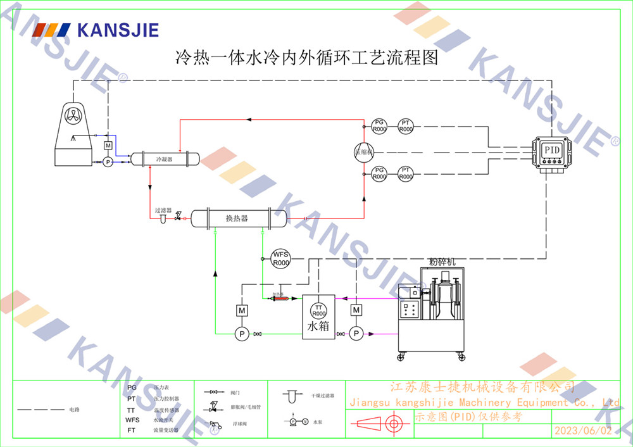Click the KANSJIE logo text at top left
pyautogui.click(x=117, y=30)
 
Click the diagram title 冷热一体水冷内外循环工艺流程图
pyautogui.click(x=306, y=60)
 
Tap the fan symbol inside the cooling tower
pyautogui.click(x=75, y=116)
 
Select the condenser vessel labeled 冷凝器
pyautogui.click(x=165, y=158)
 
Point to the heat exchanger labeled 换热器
pyautogui.click(x=238, y=218)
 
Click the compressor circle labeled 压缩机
pyautogui.click(x=364, y=152)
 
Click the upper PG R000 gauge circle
pyautogui.click(x=379, y=125)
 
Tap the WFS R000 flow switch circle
pyautogui.click(x=280, y=258)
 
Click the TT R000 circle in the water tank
pyautogui.click(x=318, y=310)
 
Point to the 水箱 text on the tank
pyautogui.click(x=318, y=327)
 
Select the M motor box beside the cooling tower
pyautogui.click(x=108, y=146)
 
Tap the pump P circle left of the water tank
pyautogui.click(x=241, y=334)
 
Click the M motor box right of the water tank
pyautogui.click(x=356, y=310)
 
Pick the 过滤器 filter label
pyautogui.click(x=163, y=210)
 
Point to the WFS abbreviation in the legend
pyautogui.click(x=132, y=419)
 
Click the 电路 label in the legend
pyautogui.click(x=75, y=410)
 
